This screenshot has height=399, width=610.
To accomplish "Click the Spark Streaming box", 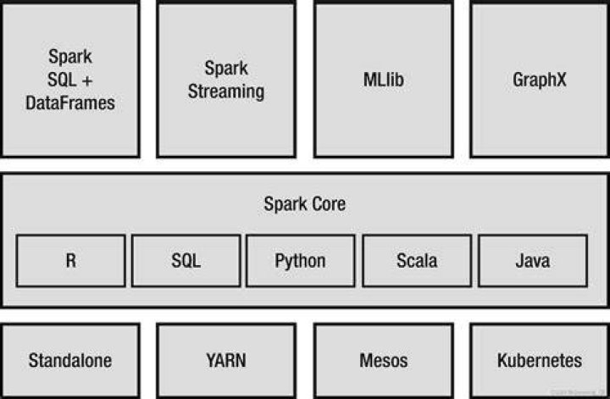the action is (x=226, y=79).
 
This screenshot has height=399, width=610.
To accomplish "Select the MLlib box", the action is (x=384, y=79).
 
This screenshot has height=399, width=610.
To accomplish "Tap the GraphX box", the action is (x=540, y=79).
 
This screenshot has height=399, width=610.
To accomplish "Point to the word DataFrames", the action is (x=70, y=103).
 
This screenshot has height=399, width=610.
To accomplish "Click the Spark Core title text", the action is (x=305, y=204).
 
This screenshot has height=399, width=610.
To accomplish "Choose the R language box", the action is (x=71, y=261).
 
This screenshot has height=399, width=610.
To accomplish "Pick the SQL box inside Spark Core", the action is (x=186, y=261).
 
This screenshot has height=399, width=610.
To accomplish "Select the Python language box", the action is (x=300, y=261).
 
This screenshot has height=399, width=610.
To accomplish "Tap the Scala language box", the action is (x=417, y=261).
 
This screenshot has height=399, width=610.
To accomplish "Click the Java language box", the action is (x=533, y=261).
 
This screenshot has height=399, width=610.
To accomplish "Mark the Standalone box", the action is (x=70, y=361).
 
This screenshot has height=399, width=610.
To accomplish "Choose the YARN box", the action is (x=226, y=361).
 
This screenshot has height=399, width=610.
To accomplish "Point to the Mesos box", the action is (x=384, y=361).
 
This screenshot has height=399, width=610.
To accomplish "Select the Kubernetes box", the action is (x=540, y=361).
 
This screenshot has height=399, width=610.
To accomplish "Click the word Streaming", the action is (x=226, y=91).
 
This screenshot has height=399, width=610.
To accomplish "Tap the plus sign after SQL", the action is (x=87, y=80).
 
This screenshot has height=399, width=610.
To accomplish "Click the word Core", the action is (x=329, y=204).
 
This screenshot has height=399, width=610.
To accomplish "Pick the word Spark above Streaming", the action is (x=226, y=69).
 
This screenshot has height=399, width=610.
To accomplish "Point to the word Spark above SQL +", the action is (x=70, y=57).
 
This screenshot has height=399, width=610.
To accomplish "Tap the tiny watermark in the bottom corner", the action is (x=579, y=392).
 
